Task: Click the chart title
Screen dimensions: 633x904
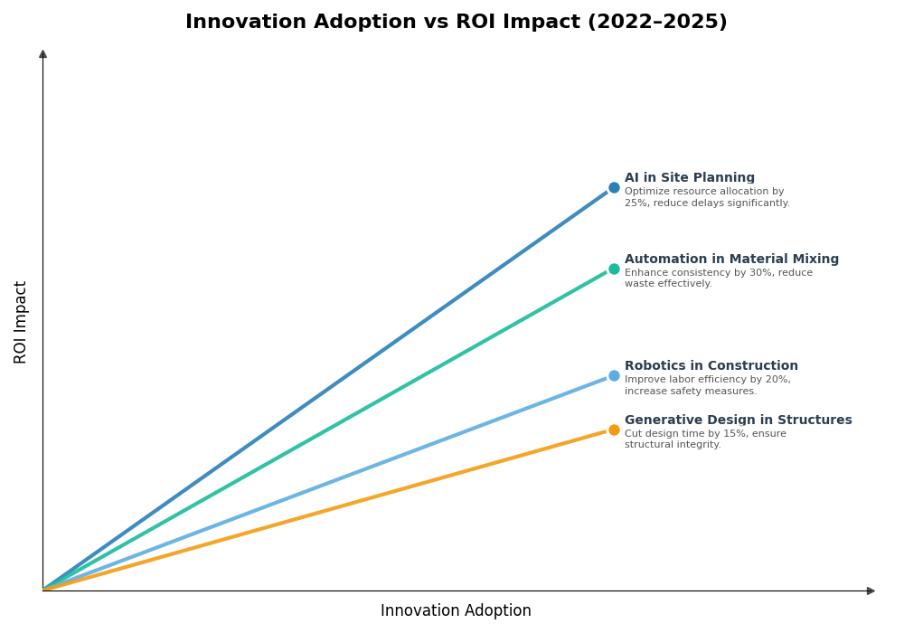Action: point(456,22)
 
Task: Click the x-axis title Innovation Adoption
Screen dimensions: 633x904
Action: point(456,611)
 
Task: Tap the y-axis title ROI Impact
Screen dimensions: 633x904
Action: point(21,322)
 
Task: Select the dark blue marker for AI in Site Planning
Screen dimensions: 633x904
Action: point(614,188)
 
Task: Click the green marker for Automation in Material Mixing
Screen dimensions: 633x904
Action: point(614,269)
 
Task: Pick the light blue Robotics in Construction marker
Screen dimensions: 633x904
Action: point(614,376)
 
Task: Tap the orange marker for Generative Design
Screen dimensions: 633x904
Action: point(614,430)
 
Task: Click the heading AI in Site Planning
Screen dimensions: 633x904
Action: point(689,178)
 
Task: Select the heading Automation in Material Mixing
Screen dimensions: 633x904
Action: point(731,260)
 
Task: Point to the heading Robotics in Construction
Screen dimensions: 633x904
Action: point(711,366)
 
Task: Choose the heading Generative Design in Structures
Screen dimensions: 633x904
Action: point(738,420)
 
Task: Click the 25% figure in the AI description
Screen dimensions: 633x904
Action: point(636,203)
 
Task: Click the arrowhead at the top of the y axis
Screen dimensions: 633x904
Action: point(42,54)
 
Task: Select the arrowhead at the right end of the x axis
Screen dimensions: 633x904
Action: point(871,590)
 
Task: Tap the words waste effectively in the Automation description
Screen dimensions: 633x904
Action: point(668,284)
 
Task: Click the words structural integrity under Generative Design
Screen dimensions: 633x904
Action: point(672,445)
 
